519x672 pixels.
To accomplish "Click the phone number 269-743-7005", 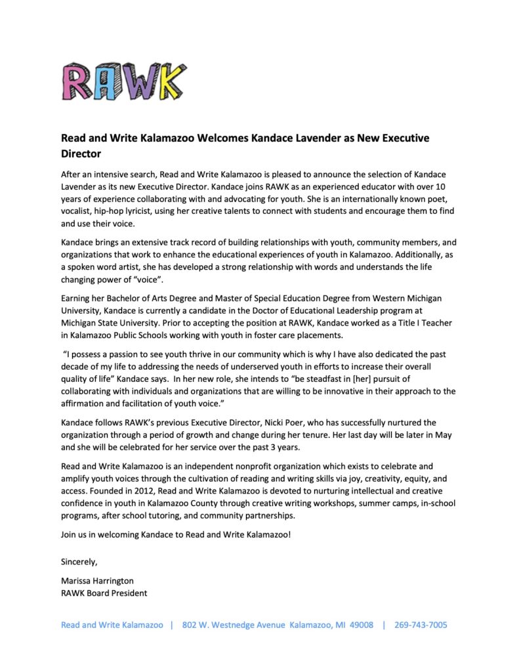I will point(421,625).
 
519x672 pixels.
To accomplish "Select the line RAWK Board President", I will point(104,593).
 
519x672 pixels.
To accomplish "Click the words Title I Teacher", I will point(408,323).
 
